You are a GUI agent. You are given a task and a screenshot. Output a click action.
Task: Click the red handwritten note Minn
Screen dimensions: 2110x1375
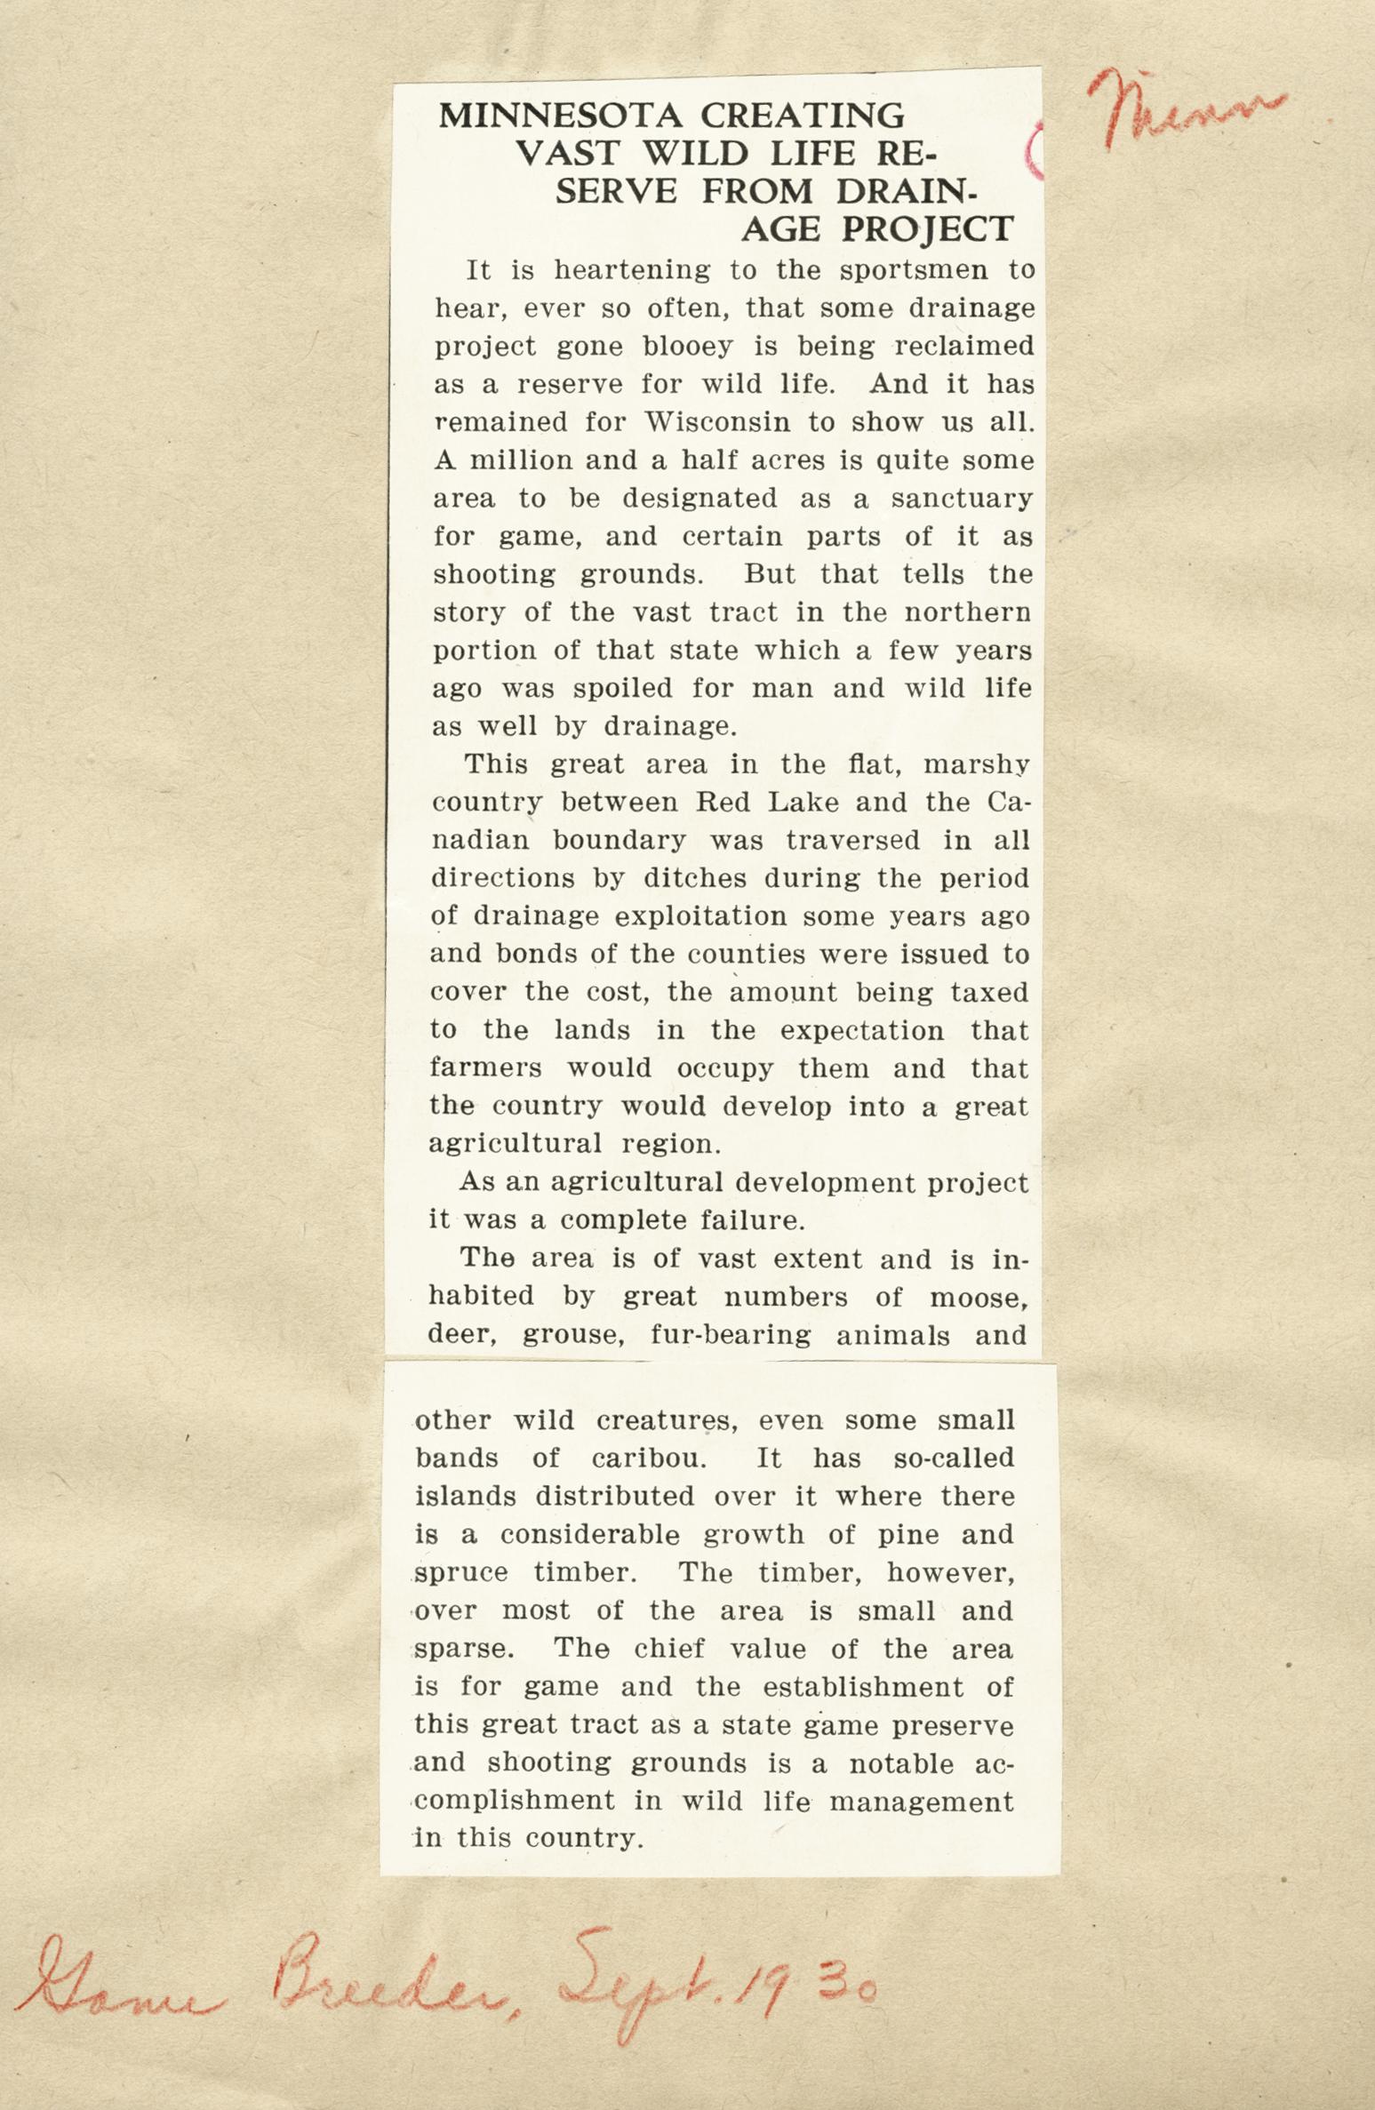tap(1186, 109)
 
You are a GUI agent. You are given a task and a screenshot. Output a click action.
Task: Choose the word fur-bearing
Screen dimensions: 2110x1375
tap(731, 1336)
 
